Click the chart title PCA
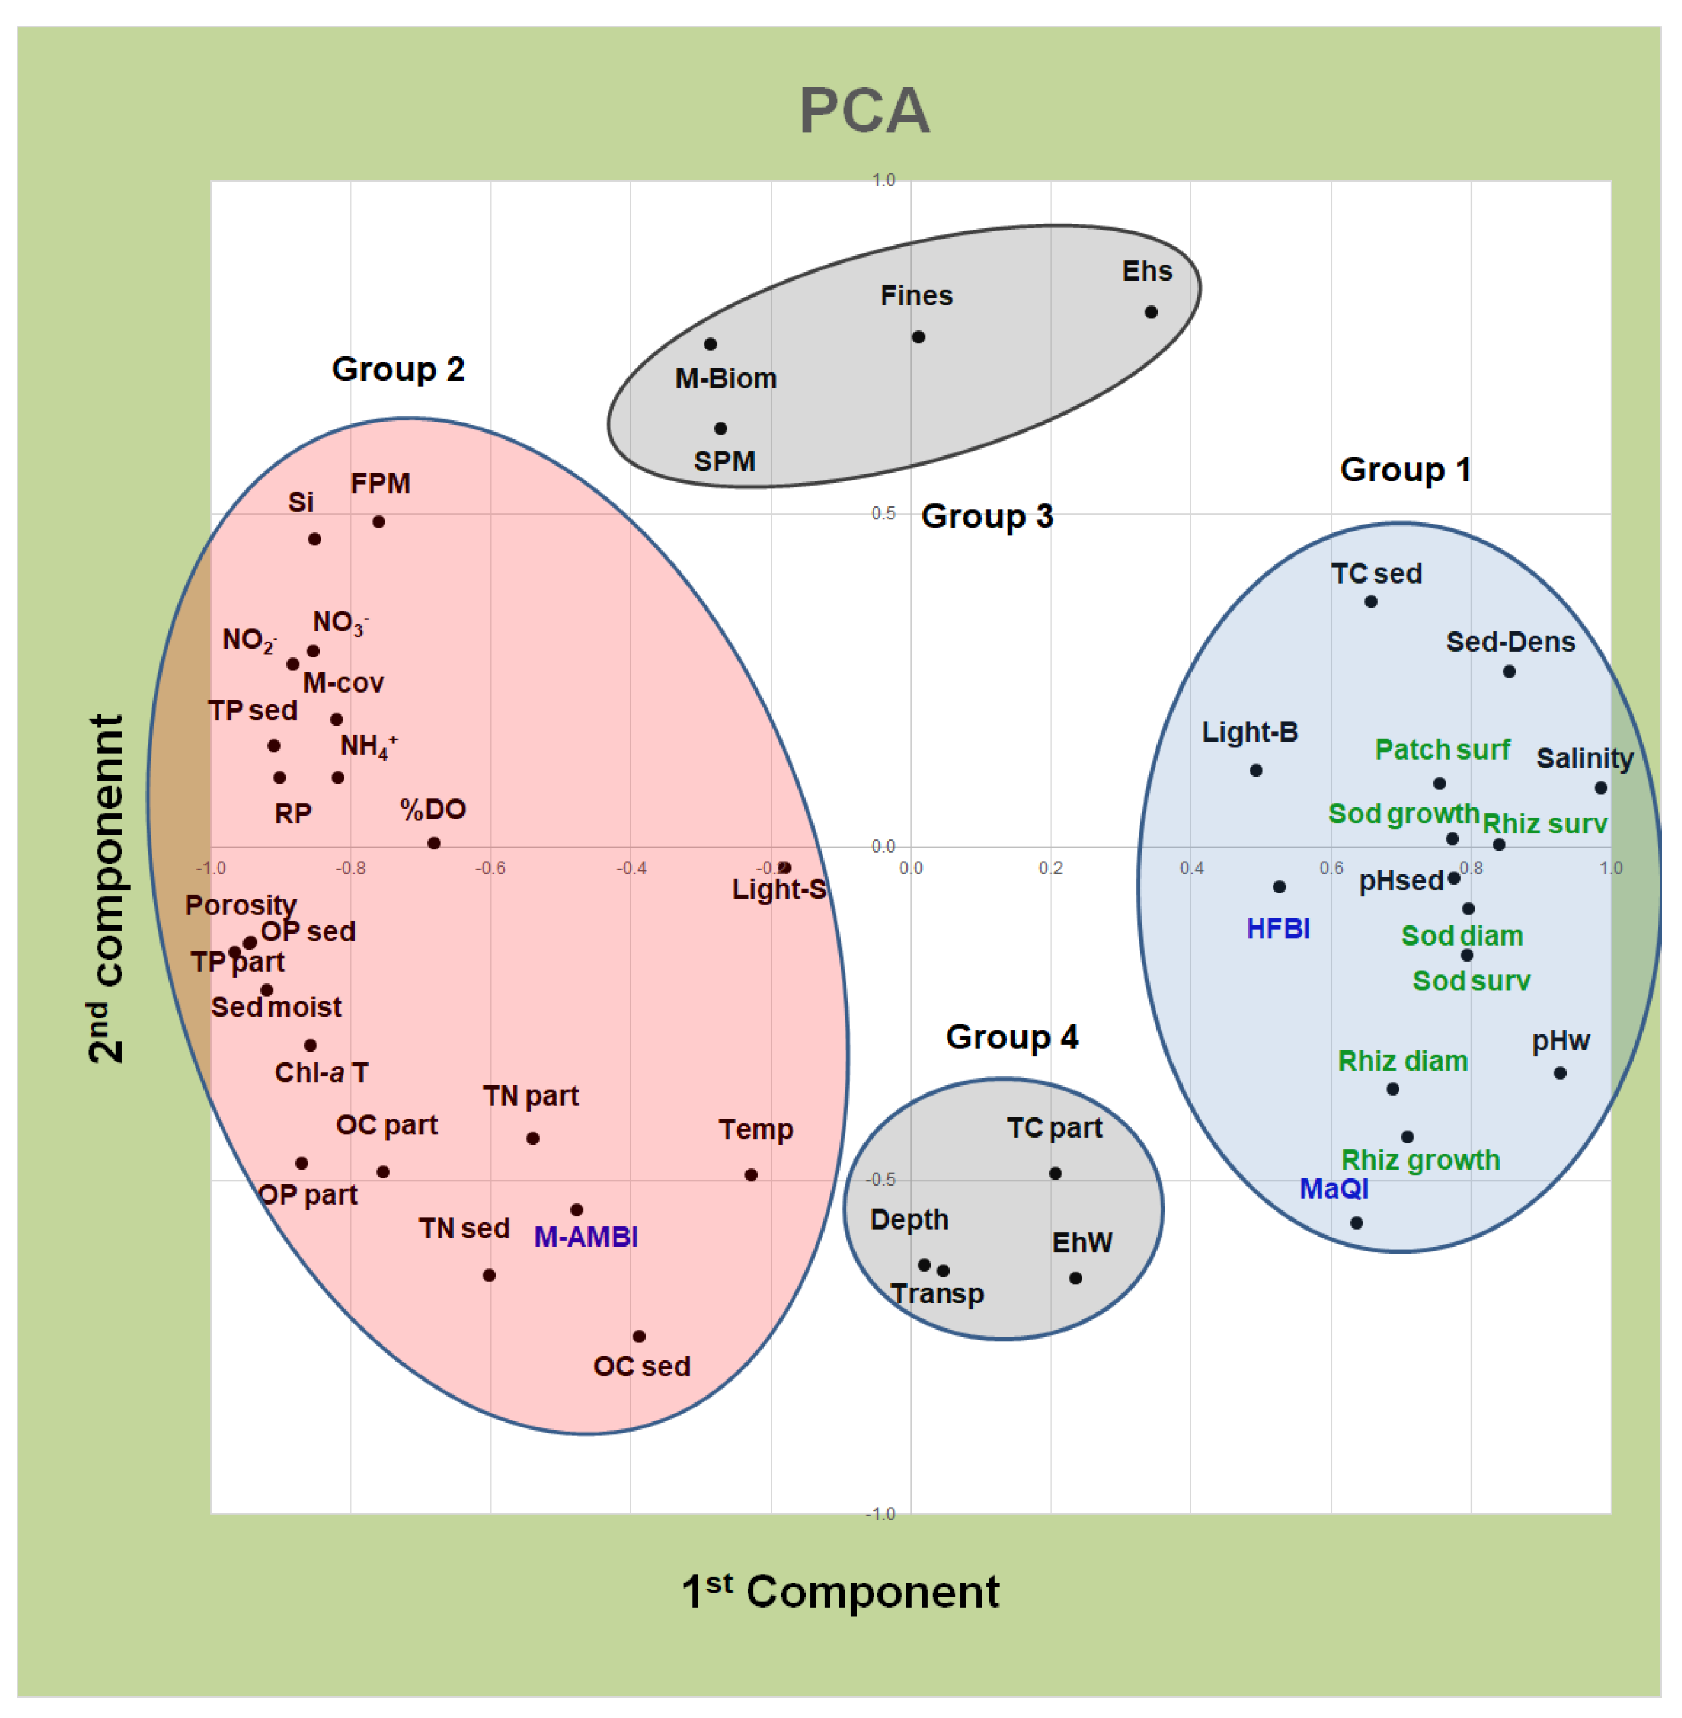click(x=864, y=112)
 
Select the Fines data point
click(x=918, y=337)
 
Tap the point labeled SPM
click(x=720, y=429)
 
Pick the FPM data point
click(x=378, y=521)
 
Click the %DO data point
click(x=434, y=842)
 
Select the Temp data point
click(x=750, y=1175)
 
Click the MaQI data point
click(x=1356, y=1222)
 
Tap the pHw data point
click(x=1560, y=1073)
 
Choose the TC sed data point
click(x=1370, y=601)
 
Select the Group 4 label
click(x=1012, y=1037)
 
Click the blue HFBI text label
click(x=1278, y=929)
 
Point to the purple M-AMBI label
click(x=586, y=1237)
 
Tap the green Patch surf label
click(x=1442, y=750)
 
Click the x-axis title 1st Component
click(x=839, y=1592)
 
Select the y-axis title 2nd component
click(x=107, y=888)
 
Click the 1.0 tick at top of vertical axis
click(x=883, y=181)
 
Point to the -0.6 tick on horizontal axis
click(x=491, y=869)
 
